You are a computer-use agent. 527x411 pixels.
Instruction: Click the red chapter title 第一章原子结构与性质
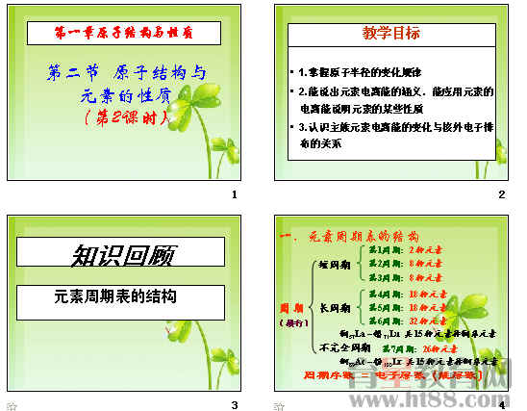[x=123, y=33]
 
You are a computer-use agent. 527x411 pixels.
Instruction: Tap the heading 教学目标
[x=391, y=34]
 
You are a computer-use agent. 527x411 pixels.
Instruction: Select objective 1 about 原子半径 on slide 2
[x=364, y=72]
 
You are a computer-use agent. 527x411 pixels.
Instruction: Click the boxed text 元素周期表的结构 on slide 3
[x=116, y=297]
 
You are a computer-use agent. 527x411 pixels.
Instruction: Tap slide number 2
[x=501, y=195]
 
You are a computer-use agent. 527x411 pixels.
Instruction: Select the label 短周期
[x=333, y=263]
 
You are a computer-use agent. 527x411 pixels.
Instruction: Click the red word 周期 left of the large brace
[x=290, y=308]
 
